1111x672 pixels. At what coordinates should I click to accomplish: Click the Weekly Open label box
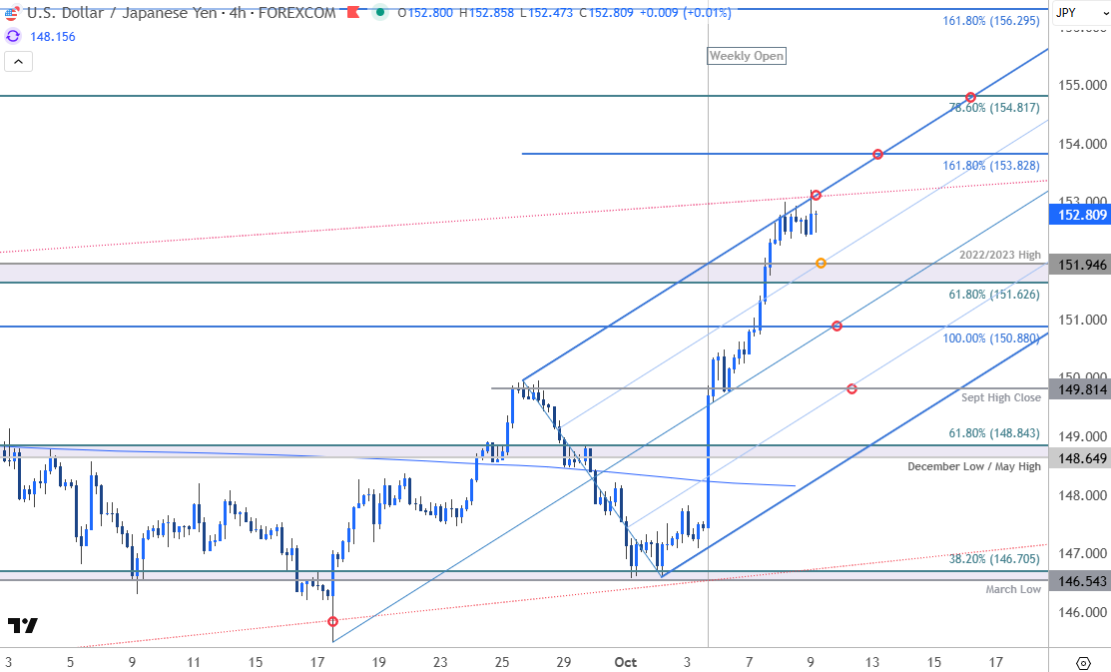tap(746, 56)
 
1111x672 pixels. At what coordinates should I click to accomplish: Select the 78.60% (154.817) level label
tap(994, 108)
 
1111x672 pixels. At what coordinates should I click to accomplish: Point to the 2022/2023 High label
tap(999, 255)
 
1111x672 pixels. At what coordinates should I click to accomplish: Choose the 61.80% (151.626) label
tap(994, 295)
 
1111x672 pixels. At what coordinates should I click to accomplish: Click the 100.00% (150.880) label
tap(991, 338)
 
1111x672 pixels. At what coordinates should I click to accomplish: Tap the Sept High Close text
tap(1000, 397)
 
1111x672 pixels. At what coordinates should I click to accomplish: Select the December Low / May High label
tap(974, 466)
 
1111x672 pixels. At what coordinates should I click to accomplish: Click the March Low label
tap(1013, 589)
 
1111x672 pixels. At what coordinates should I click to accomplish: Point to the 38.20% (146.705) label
tap(994, 559)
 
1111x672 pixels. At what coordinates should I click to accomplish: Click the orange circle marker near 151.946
tap(821, 264)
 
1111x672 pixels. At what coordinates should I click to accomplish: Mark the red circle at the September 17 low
tap(333, 621)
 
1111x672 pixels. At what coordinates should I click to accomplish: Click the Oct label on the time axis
tap(626, 661)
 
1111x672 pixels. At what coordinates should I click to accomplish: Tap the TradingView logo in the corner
tap(22, 626)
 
